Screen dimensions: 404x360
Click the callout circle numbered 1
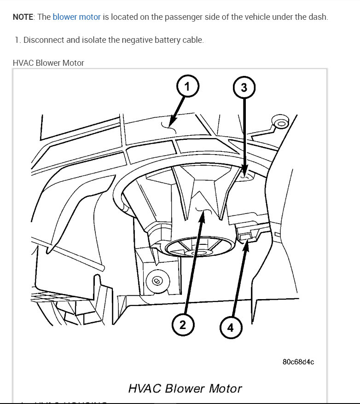click(186, 86)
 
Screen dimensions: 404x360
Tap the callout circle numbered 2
click(183, 325)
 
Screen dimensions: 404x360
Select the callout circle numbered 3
click(244, 88)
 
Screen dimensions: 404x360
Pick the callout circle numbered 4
click(230, 327)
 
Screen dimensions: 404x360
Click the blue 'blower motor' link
click(76, 17)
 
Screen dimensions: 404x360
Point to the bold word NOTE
click(23, 17)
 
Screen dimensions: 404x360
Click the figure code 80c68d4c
click(298, 361)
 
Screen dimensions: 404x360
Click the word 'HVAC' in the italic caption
click(144, 388)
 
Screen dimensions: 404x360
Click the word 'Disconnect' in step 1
click(44, 40)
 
